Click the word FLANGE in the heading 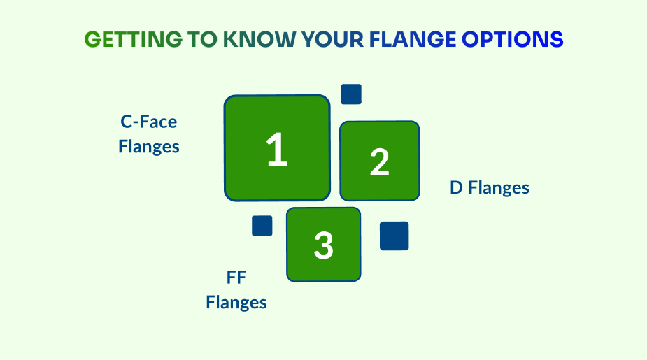point(413,40)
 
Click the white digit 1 point(277,151)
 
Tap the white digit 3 point(323,245)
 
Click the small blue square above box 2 point(351,94)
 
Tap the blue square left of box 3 point(262,226)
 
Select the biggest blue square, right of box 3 point(394,236)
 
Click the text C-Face point(149,122)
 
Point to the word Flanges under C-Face point(149,147)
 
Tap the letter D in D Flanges point(456,188)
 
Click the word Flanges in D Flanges point(499,188)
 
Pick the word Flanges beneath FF point(236,303)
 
